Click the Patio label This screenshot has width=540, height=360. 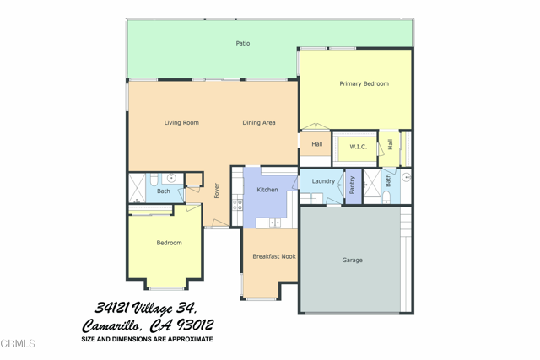click(242, 43)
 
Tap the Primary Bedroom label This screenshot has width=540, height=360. click(364, 83)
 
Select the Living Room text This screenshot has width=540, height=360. click(181, 123)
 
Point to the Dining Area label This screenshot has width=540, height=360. click(259, 123)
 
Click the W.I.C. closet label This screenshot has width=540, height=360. click(358, 147)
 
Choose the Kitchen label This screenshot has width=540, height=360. click(267, 190)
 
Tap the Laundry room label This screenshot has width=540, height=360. click(323, 181)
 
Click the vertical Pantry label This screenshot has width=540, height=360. click(352, 185)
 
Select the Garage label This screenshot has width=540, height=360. click(353, 260)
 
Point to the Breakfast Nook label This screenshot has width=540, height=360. click(274, 256)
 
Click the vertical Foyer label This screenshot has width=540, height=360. click(217, 191)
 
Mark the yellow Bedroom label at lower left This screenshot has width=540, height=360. click(169, 243)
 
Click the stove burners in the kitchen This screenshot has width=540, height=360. click(239, 203)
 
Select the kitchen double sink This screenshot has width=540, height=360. click(276, 223)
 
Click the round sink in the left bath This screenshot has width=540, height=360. click(171, 178)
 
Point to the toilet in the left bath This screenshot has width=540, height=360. click(154, 179)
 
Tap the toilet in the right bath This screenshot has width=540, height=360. click(386, 196)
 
